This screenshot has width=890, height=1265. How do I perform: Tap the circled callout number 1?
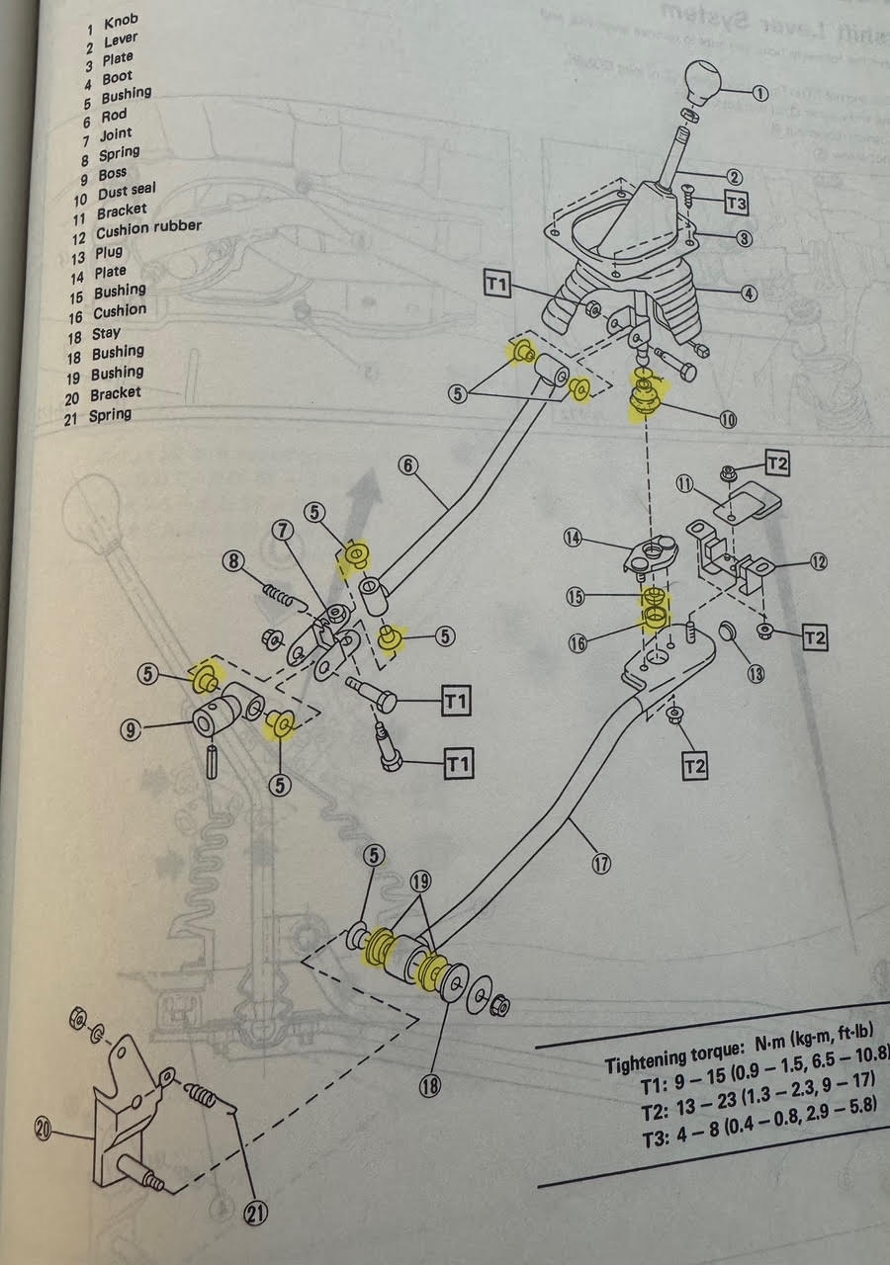pos(758,94)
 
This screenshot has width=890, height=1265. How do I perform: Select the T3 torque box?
pos(735,203)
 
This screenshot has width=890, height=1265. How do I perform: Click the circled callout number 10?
pos(728,419)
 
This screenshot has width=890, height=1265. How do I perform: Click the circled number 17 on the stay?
pos(600,863)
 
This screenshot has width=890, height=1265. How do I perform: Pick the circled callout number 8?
pos(233,561)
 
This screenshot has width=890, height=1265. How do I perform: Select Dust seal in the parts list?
pos(127,191)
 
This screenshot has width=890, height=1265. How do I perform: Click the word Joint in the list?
pos(115,134)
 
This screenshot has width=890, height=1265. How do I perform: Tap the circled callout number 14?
pos(600,539)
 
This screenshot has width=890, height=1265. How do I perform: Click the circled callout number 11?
pos(685,483)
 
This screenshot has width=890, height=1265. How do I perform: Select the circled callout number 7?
pos(283,531)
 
